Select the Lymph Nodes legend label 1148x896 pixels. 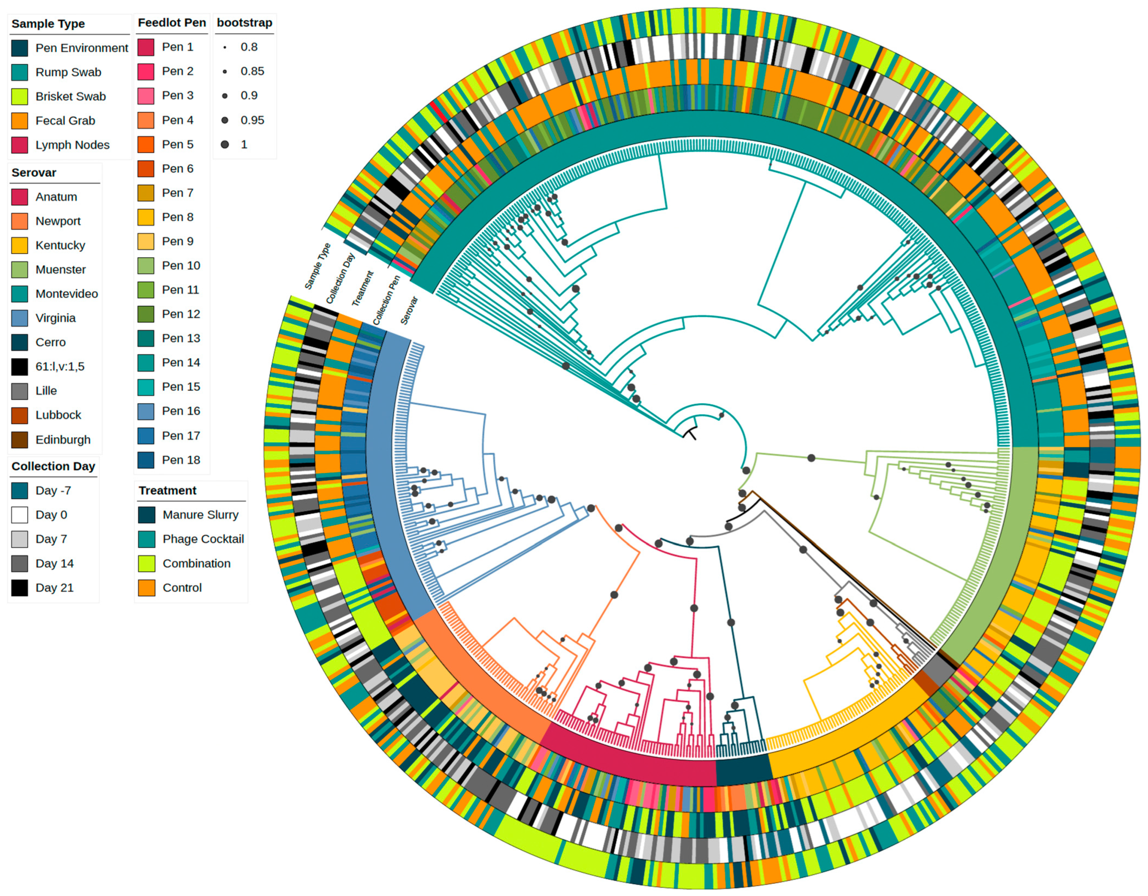coord(72,145)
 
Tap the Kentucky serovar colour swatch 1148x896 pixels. coord(20,246)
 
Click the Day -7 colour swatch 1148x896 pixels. coord(20,491)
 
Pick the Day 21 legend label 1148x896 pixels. coord(54,587)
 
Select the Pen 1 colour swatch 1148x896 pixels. coord(146,47)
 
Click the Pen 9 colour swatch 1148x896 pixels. coord(146,241)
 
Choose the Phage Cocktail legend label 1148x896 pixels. coord(203,539)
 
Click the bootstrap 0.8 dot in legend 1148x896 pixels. coord(225,47)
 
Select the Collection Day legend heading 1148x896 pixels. coord(53,466)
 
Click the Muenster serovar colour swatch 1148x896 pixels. coord(20,269)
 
